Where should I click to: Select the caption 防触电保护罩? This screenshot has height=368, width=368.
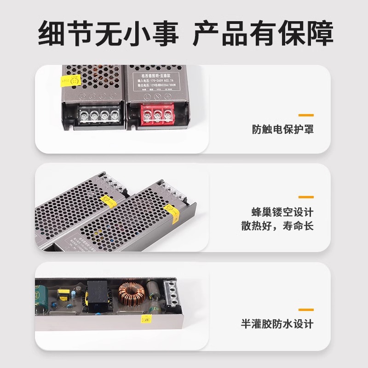pyautogui.click(x=282, y=129)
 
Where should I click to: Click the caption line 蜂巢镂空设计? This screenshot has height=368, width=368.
pyautogui.click(x=282, y=212)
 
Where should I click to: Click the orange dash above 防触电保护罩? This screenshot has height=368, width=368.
pyautogui.click(x=306, y=115)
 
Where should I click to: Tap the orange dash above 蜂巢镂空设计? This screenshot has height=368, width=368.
pyautogui.click(x=306, y=197)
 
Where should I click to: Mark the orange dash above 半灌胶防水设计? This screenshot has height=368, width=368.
pyautogui.click(x=306, y=310)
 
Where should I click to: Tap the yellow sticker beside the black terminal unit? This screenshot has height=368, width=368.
pyautogui.click(x=70, y=81)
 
